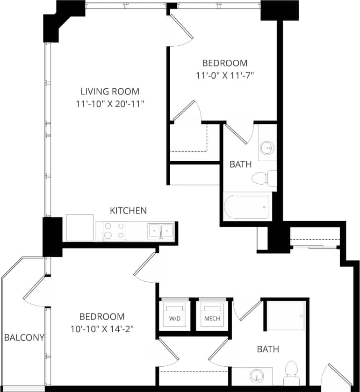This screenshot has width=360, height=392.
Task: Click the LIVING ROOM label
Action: tap(110, 92)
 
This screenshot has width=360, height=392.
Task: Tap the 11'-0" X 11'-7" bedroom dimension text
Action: tap(224, 74)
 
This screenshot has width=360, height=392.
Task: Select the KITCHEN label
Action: tap(128, 211)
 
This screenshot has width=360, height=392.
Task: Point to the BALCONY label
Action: tap(24, 337)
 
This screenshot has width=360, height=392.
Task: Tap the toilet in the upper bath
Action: tap(262, 178)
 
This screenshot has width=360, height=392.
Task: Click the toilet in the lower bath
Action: tap(292, 372)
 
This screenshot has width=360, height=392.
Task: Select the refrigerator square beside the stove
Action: tap(80, 228)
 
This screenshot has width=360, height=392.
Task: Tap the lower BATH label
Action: tap(268, 349)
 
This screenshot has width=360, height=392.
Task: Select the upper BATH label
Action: tap(241, 164)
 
